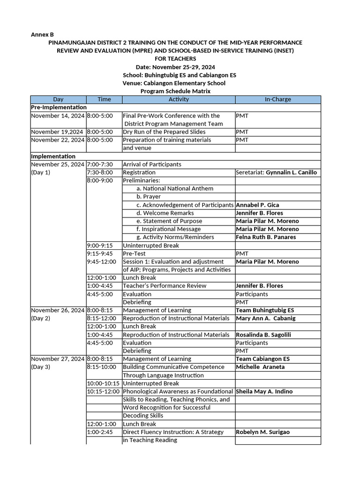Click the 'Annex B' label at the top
click(x=42, y=34)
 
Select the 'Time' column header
click(x=104, y=99)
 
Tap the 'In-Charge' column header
click(x=277, y=99)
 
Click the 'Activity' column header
click(x=179, y=99)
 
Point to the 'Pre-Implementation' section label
click(x=52, y=107)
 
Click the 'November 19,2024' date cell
click(x=58, y=132)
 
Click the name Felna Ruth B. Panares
click(x=266, y=237)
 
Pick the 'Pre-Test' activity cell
click(x=134, y=254)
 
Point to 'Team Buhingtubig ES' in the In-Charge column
click(x=265, y=310)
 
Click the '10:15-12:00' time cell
click(x=104, y=391)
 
